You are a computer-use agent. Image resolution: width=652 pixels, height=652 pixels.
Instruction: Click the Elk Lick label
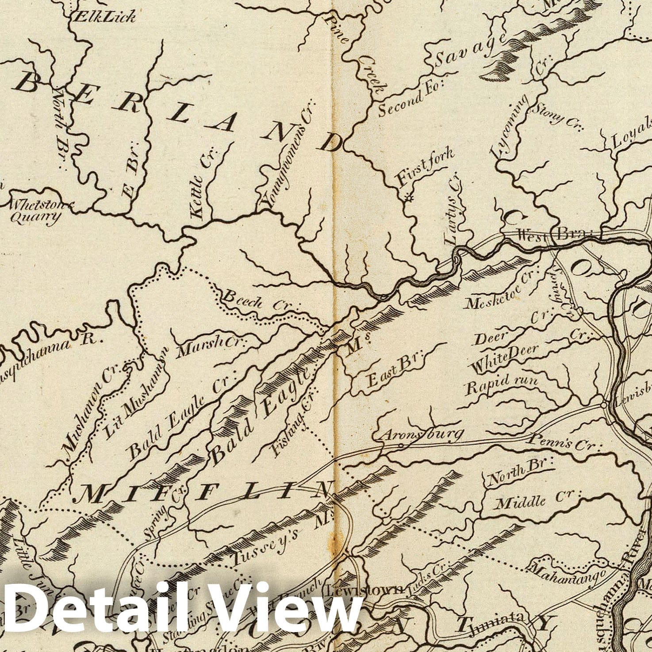[x=105, y=16]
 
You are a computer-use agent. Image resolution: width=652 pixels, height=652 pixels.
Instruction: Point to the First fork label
[x=425, y=168]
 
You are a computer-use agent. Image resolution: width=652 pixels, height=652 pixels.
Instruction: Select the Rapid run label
[x=502, y=384]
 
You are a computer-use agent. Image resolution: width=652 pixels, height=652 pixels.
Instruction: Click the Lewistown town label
[x=364, y=590]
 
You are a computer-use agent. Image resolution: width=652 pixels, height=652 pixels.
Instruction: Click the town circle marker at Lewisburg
[x=604, y=404]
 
